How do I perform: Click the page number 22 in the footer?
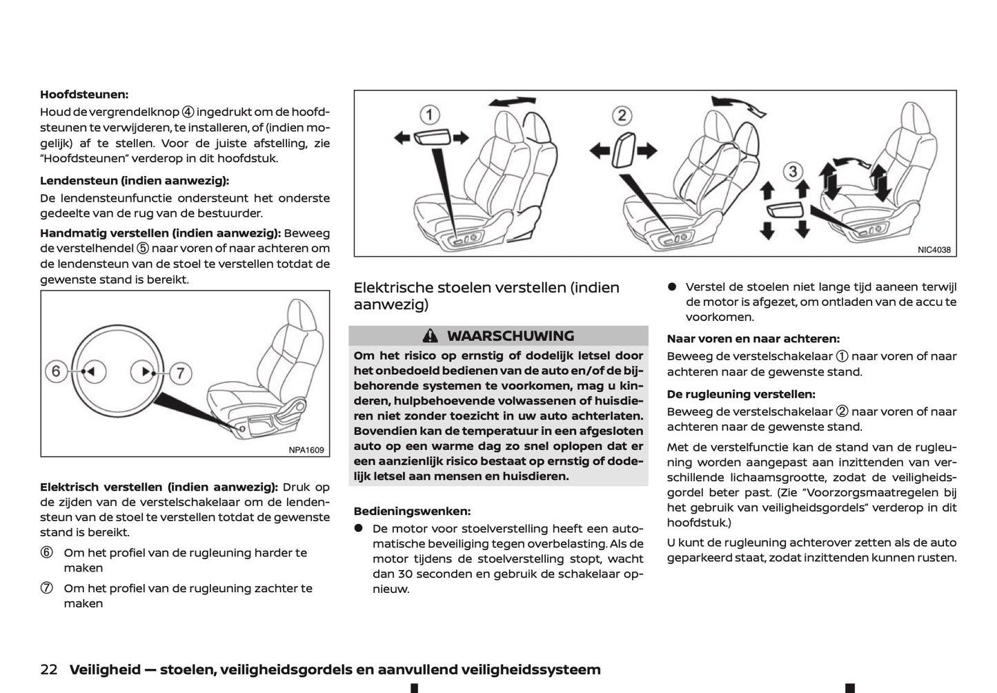[48, 670]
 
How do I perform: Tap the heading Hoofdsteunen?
[84, 95]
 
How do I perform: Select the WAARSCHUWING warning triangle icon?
[430, 336]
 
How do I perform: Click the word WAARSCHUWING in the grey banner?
[510, 336]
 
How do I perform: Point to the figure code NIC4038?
[934, 250]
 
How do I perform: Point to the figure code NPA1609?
[306, 449]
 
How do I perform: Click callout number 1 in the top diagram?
[429, 115]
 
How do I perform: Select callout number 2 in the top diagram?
[622, 115]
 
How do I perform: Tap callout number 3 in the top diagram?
[793, 171]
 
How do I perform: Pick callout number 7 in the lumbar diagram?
[180, 373]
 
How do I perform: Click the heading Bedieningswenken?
[412, 511]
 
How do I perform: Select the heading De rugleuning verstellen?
[741, 394]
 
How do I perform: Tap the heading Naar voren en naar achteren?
[753, 339]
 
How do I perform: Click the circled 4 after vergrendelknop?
[188, 112]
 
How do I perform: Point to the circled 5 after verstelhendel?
[142, 248]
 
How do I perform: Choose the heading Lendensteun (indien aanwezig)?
[135, 181]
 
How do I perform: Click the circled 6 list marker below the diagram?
[46, 553]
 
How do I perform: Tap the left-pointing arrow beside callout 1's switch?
[402, 138]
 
